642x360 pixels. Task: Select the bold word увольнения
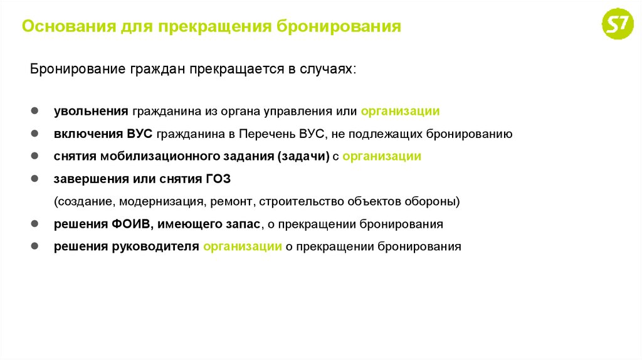91,111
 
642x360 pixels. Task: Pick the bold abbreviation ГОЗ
218,179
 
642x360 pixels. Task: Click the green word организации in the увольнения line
400,111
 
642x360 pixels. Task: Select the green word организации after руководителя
242,246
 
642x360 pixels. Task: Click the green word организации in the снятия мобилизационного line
382,156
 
